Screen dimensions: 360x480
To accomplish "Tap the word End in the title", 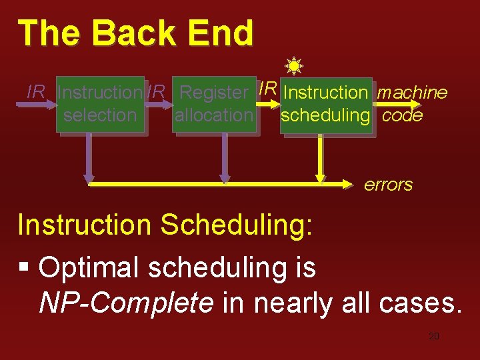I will click(x=223, y=33).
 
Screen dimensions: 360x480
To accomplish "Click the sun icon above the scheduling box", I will click(x=293, y=65).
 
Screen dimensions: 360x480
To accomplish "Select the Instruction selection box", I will click(x=100, y=105).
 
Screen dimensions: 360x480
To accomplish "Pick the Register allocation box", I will click(x=213, y=105).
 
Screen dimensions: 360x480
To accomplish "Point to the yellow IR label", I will click(x=267, y=88).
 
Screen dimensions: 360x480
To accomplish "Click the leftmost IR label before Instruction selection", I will click(x=35, y=92).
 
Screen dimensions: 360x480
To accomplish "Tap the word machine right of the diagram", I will click(x=412, y=93).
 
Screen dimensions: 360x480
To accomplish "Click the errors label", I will click(x=388, y=185).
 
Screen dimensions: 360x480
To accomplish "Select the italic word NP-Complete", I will click(x=126, y=303).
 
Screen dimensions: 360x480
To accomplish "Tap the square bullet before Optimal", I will click(x=25, y=268).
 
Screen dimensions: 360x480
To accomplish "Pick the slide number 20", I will click(x=433, y=336).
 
